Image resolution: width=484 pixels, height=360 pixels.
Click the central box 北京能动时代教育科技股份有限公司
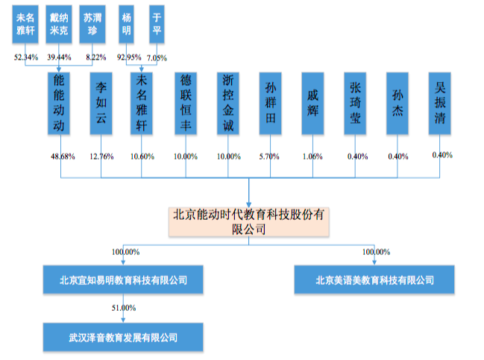click(249, 222)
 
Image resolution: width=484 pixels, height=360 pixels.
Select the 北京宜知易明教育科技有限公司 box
click(123, 280)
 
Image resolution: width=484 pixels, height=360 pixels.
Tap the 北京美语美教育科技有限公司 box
click(374, 280)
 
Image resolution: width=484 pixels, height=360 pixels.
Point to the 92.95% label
click(129, 57)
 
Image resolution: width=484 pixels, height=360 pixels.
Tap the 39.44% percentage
click(60, 57)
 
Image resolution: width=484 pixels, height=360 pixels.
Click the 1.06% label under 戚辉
click(312, 156)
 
